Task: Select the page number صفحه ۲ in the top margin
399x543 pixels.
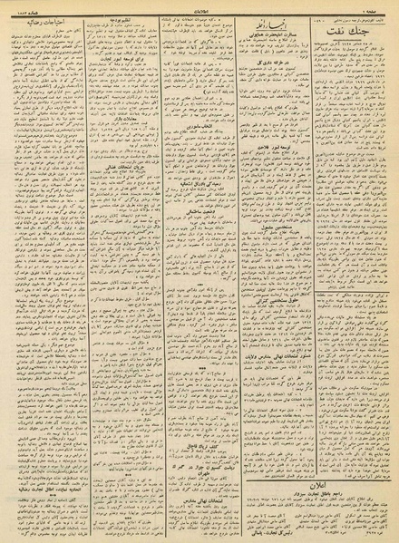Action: pos(382,6)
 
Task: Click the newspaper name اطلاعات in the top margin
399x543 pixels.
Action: pos(199,6)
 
